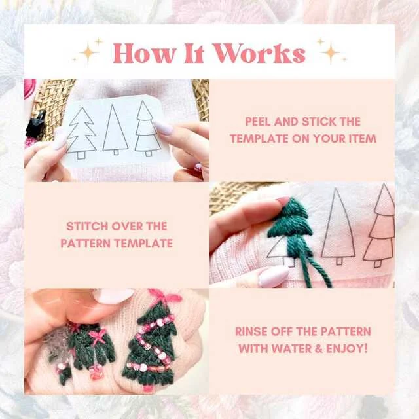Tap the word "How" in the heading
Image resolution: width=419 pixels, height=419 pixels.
(144, 53)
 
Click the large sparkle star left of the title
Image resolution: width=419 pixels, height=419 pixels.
(88, 52)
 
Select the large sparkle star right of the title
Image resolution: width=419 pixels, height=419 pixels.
(330, 52)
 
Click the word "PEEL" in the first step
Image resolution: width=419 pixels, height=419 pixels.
(258, 122)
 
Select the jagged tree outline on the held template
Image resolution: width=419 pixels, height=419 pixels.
(81, 134)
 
